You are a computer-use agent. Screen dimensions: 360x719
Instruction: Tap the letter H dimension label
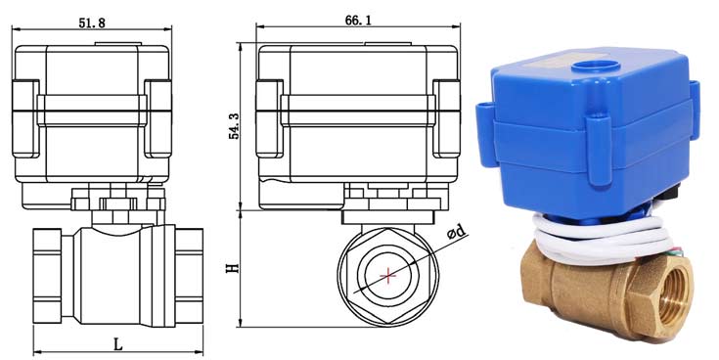[233, 267]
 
